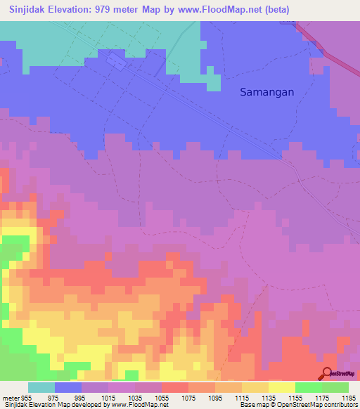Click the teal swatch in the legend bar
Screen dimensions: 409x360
tap(41, 387)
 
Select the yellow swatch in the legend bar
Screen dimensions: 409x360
tap(281, 387)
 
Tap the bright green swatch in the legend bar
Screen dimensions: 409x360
tap(308, 387)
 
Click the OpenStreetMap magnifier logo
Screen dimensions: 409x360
tap(328, 375)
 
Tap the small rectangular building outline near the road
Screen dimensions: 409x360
tap(117, 63)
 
